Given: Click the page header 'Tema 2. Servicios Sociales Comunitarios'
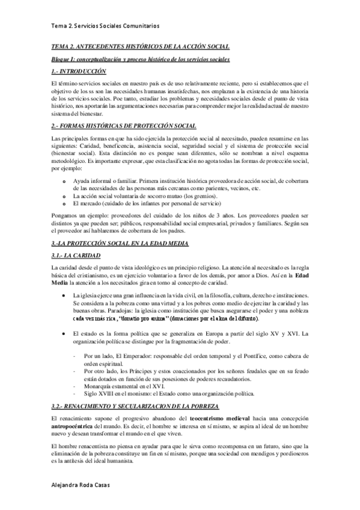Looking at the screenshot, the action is pyautogui.click(x=105, y=26).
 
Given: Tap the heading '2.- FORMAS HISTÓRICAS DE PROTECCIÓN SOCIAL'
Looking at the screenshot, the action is pyautogui.click(x=124, y=125).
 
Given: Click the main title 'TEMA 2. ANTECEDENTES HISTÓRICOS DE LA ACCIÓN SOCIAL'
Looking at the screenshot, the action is pyautogui.click(x=140, y=47).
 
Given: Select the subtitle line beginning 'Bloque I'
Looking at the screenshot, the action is pyautogui.click(x=140, y=60).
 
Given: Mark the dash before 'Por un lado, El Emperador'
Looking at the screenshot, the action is pyautogui.click(x=73, y=356).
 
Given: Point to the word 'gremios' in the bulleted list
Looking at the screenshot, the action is pyautogui.click(x=204, y=197).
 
